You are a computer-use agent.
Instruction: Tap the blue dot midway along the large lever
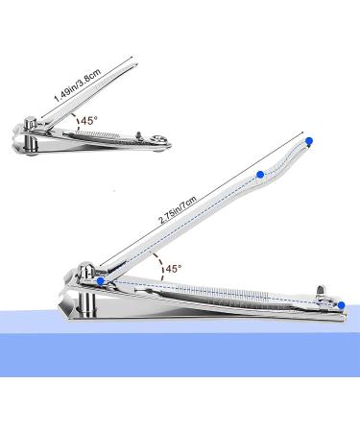[259, 175]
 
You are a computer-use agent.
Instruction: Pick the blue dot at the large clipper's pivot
[96, 279]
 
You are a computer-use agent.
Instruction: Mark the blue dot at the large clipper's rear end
[341, 305]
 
